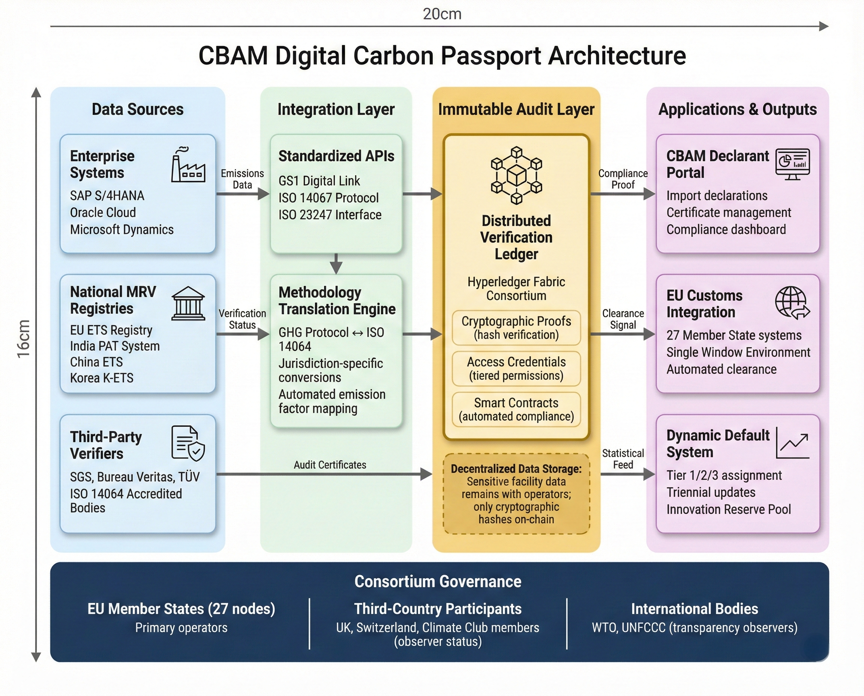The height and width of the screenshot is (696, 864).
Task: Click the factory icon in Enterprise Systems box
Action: point(188,165)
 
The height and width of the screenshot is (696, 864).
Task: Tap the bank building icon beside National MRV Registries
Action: point(188,303)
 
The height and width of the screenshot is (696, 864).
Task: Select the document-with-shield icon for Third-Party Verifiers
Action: point(188,443)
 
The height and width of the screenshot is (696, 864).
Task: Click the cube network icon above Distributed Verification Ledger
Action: point(516,175)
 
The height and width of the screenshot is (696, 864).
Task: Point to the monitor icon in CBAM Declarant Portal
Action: point(792,164)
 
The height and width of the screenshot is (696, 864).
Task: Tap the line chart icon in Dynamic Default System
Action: point(792,443)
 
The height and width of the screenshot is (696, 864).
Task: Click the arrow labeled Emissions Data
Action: point(243,194)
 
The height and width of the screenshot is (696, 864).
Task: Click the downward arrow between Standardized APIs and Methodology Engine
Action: point(336,263)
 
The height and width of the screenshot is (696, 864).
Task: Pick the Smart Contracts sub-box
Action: point(516,409)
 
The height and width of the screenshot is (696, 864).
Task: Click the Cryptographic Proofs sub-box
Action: point(516,327)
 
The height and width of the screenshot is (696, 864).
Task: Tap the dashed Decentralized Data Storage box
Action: point(516,493)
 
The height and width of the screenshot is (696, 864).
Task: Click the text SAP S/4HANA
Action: point(107,196)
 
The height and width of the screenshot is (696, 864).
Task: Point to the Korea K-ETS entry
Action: point(102,378)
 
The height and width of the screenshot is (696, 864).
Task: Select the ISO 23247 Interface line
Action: point(330,215)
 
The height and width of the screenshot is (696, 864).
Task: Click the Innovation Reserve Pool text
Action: point(729,509)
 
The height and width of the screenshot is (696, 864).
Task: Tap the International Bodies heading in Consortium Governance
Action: point(694,609)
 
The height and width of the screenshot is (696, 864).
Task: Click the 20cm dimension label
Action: point(442,14)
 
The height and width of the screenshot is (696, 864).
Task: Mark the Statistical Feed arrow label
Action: point(622,459)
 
